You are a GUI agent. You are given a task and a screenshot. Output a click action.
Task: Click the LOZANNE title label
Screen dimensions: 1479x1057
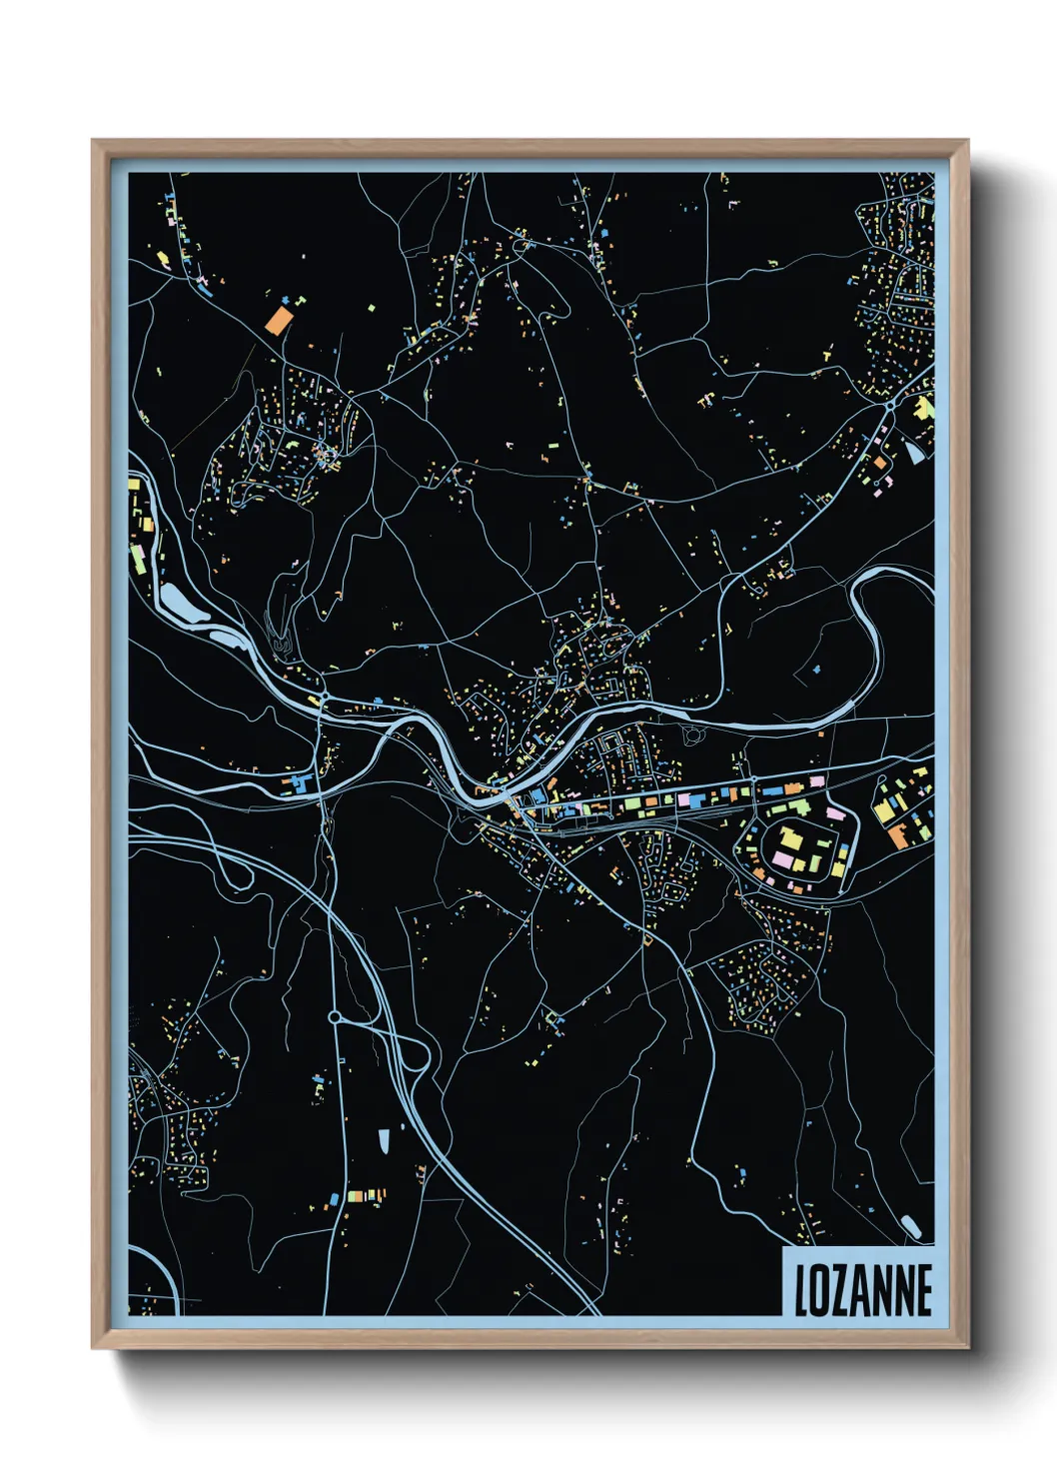862,1289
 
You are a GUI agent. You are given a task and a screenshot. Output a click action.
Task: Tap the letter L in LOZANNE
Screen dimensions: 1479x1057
801,1289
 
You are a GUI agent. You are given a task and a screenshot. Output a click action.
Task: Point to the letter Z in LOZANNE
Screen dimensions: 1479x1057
837,1289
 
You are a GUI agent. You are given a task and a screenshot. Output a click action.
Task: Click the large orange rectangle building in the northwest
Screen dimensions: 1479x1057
278,319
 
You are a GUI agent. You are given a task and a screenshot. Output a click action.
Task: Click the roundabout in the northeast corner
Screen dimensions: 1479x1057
889,407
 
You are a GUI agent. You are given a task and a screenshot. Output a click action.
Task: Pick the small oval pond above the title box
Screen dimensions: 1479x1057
911,1225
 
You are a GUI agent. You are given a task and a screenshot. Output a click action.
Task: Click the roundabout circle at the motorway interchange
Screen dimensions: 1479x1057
335,1017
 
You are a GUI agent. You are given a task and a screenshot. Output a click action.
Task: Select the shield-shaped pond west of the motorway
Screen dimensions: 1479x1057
384,1140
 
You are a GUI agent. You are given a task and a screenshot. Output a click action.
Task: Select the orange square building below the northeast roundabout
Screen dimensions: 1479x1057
879,464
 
